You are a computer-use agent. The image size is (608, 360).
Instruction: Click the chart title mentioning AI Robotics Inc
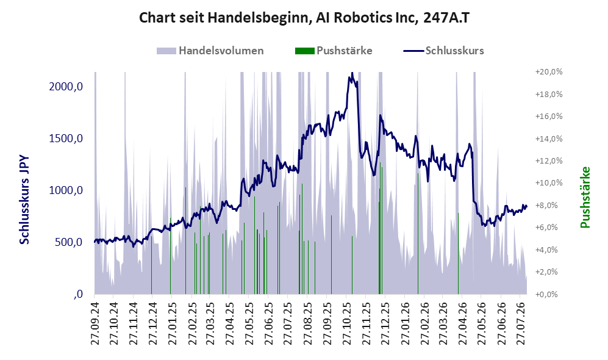click(x=304, y=18)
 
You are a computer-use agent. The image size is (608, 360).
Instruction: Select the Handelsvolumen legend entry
click(x=210, y=51)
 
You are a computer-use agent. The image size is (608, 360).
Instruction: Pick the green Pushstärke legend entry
click(x=334, y=51)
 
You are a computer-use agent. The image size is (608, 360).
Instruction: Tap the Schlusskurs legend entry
click(x=443, y=51)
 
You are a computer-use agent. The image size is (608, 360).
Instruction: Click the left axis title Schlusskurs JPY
click(x=24, y=200)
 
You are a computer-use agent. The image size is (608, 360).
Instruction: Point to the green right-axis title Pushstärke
click(x=585, y=198)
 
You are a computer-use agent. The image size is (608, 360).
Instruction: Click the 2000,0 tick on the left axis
click(x=66, y=87)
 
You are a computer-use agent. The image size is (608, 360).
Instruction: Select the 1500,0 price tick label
click(x=66, y=139)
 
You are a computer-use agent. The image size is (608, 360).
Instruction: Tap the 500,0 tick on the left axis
click(x=69, y=242)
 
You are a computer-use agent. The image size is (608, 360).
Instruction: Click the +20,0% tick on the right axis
click(x=549, y=72)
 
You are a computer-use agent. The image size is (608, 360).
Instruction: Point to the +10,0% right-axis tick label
click(x=549, y=182)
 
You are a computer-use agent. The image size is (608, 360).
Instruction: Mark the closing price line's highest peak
click(x=352, y=73)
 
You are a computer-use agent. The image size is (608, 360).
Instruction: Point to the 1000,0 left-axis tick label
click(x=66, y=190)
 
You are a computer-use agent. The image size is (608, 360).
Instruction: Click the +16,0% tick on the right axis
click(x=549, y=117)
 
